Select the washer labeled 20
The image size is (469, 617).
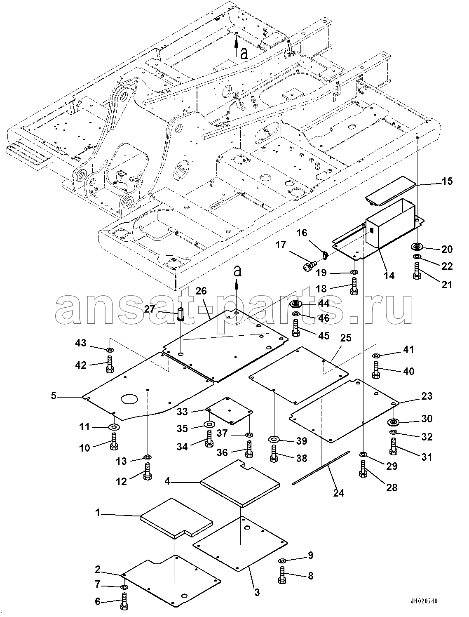point(417,247)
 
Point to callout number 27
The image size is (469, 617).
point(150,309)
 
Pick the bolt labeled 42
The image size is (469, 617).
point(110,365)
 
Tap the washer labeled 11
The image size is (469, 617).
point(114,428)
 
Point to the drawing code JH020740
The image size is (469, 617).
point(424,601)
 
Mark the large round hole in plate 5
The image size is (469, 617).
point(129,399)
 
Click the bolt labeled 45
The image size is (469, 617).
point(295,328)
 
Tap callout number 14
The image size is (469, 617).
point(389,276)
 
